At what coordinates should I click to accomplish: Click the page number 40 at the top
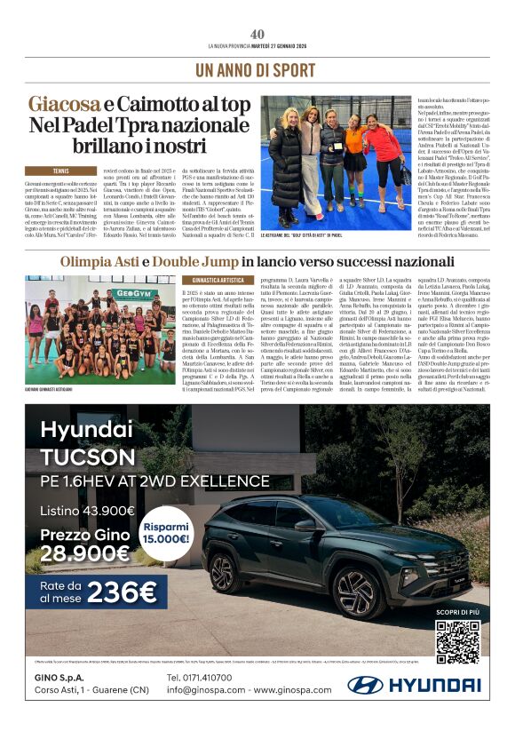[x=257, y=34]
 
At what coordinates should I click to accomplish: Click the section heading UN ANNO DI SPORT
[x=256, y=69]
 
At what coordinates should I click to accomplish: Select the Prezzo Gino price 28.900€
[x=85, y=554]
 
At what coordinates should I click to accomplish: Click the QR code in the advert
[x=457, y=642]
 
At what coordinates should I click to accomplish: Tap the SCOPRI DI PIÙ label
[x=457, y=613]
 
